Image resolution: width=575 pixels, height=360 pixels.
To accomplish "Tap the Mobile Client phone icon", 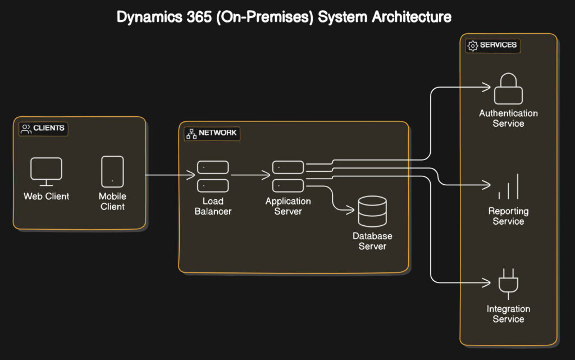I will [112, 171].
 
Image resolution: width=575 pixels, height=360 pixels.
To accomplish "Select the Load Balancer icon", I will [213, 176].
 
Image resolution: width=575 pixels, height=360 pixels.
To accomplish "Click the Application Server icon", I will [288, 176].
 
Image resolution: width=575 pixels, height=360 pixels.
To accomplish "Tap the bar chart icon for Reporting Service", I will [508, 187].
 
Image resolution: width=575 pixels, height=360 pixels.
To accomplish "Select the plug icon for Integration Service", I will [508, 284].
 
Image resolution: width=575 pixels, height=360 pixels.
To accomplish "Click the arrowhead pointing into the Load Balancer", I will [191, 176].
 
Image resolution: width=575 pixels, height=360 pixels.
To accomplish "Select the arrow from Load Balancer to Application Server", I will [250, 176].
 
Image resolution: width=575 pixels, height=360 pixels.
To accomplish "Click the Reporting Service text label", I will [508, 216].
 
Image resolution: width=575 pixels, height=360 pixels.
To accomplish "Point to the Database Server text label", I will [372, 241].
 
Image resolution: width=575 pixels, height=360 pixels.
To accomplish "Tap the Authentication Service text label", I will [508, 118].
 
